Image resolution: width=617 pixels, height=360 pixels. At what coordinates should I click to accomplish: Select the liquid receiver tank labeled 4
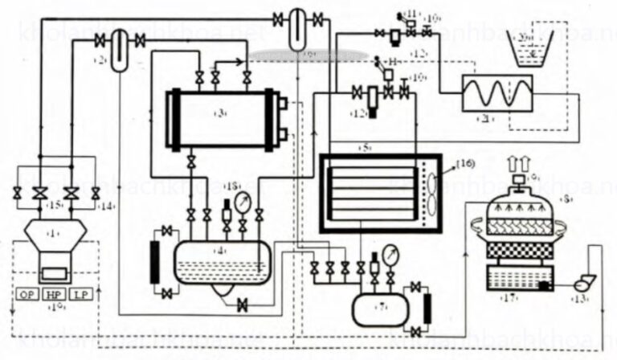(221, 261)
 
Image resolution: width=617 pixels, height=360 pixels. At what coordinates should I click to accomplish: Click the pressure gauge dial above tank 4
(247, 195)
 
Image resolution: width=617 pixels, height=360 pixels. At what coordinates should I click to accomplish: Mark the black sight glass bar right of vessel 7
(427, 308)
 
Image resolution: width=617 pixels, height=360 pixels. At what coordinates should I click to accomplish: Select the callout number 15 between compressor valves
(55, 207)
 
